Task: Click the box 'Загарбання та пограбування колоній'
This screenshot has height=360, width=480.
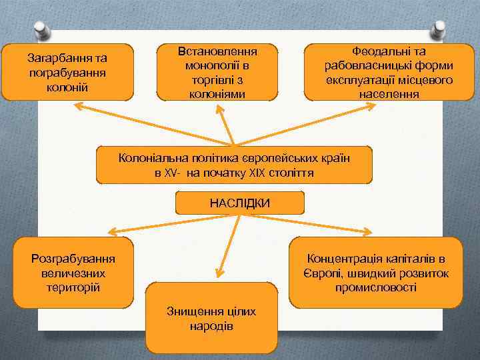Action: [x=67, y=71]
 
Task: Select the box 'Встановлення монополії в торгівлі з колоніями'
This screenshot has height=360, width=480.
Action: [x=217, y=72]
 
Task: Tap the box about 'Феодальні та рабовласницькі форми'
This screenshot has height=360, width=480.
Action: [x=389, y=72]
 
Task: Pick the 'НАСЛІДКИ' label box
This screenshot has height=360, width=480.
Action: [x=239, y=203]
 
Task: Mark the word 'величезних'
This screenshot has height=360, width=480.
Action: [x=73, y=273]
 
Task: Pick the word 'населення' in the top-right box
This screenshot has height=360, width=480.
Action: [x=389, y=94]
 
